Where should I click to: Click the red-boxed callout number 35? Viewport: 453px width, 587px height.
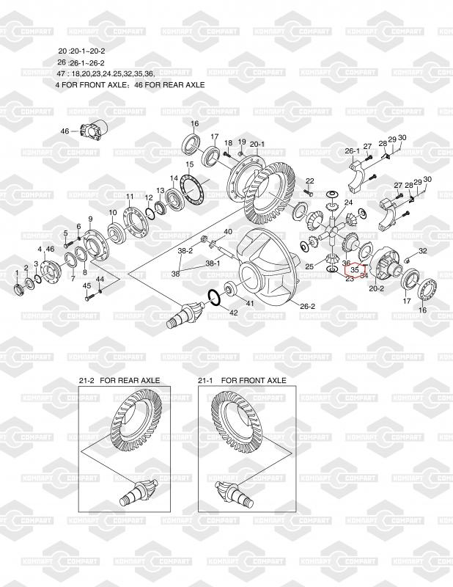pyautogui.click(x=354, y=270)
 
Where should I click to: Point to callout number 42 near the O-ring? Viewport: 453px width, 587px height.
pyautogui.click(x=234, y=313)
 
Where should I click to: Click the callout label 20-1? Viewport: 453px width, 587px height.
pyautogui.click(x=257, y=143)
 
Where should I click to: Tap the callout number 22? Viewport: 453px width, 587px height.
pyautogui.click(x=309, y=181)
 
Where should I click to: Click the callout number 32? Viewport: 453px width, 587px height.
pyautogui.click(x=422, y=251)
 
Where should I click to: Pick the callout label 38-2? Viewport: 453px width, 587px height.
pyautogui.click(x=185, y=250)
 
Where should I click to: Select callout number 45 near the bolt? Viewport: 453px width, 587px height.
pyautogui.click(x=86, y=285)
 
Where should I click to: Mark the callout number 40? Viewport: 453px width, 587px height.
pyautogui.click(x=227, y=232)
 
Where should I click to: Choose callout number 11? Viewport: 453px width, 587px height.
pyautogui.click(x=129, y=197)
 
